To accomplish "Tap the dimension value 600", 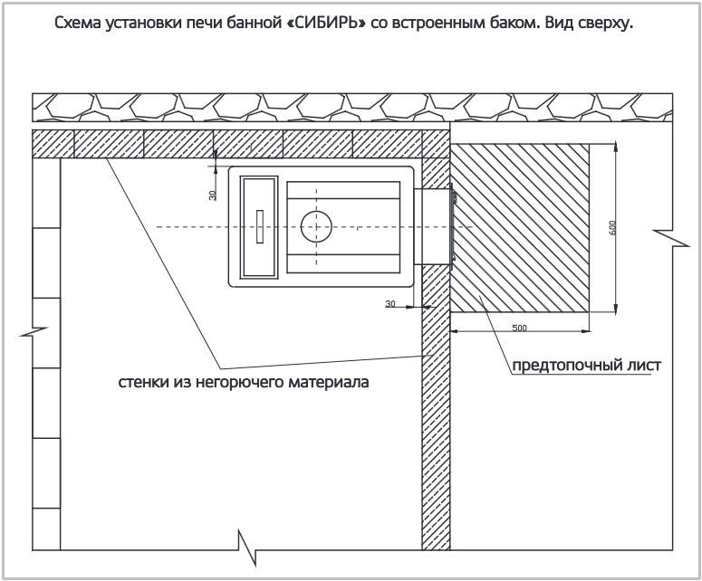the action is point(613,227).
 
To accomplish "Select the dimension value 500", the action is point(519,328).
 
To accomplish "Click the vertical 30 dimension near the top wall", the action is point(213,195).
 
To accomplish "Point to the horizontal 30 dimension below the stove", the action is point(390,304).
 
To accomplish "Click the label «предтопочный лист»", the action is point(586,365).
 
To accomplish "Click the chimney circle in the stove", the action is point(316,227).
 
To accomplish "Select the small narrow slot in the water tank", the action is point(260,226).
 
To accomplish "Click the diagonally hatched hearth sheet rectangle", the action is point(520,228).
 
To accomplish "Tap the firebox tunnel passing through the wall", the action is point(432,226).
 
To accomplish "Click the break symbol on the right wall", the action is point(671,238).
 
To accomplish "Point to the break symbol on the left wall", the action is point(34,332).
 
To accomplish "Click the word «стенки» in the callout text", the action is point(143,383).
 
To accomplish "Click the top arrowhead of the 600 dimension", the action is point(617,147).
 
